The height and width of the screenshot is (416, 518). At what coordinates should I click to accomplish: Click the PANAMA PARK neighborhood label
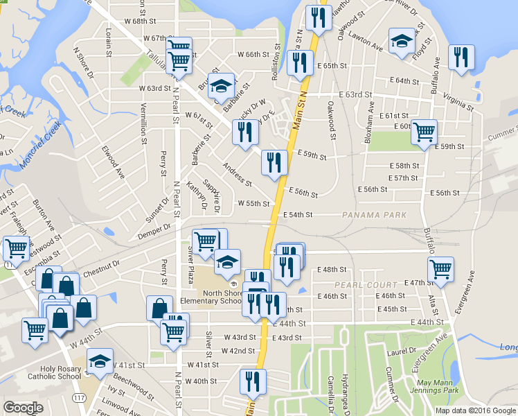(x=374, y=215)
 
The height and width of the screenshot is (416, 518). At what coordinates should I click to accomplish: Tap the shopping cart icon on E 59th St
(x=424, y=132)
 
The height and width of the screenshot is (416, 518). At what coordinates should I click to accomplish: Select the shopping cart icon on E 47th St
(x=440, y=269)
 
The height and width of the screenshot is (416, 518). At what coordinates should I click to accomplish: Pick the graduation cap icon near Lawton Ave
(x=401, y=41)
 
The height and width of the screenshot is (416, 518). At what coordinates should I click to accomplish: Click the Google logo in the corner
(x=24, y=408)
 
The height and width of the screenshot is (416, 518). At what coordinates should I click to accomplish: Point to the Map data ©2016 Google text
(x=475, y=410)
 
